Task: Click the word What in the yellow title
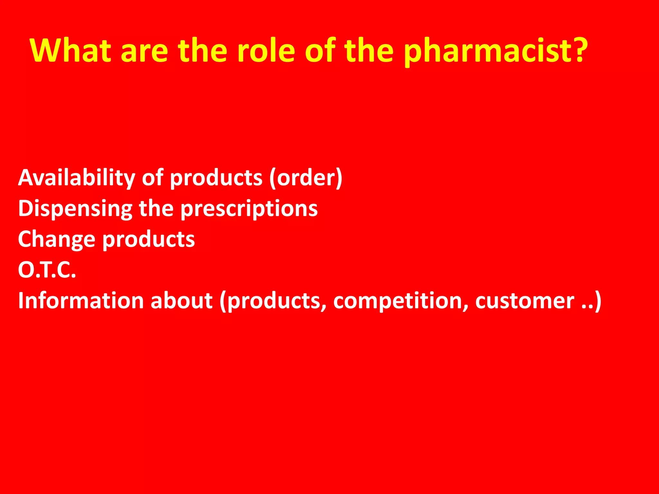pyautogui.click(x=70, y=50)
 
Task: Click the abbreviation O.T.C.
pyautogui.click(x=47, y=270)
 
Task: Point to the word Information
pyautogui.click(x=81, y=301)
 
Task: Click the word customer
pyautogui.click(x=524, y=301)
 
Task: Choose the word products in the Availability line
pyautogui.click(x=216, y=178)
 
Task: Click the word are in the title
pyautogui.click(x=144, y=50)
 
